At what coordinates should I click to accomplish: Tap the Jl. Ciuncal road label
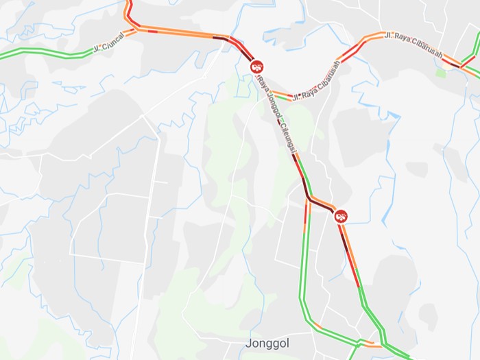(x=109, y=43)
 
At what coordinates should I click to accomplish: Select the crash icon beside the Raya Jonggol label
(x=257, y=67)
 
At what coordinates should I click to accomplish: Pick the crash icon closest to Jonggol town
(x=341, y=216)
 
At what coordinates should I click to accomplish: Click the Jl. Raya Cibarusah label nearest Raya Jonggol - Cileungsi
(x=315, y=84)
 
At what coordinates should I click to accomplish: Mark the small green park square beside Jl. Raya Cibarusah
(x=440, y=72)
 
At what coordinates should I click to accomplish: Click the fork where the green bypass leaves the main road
(x=309, y=200)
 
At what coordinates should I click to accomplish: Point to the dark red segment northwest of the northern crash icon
(x=221, y=38)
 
